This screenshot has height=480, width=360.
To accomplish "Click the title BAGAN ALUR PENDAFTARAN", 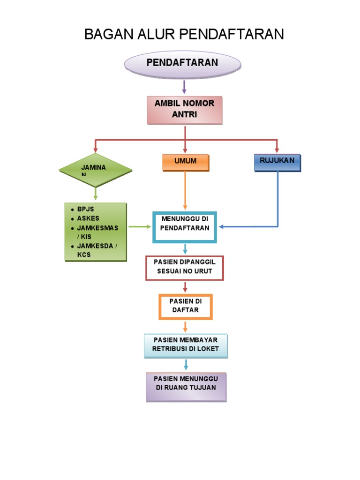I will pos(184,34).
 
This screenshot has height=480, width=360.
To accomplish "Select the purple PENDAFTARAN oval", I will pos(182,63).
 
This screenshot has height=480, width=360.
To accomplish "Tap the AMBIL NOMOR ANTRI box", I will pos(184,110).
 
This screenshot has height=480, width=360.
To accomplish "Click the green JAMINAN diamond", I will pos(96,170).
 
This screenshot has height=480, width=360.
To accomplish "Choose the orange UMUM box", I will pos(185,162).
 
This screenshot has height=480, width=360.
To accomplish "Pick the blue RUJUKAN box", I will pos(277,162).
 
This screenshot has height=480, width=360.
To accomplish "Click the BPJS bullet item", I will pos(86,210).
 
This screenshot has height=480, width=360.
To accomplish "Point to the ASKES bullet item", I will pos(88,218).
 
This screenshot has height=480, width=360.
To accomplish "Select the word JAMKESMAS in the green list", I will pos(97,228).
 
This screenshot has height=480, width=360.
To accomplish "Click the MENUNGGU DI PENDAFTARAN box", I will pos(185,227).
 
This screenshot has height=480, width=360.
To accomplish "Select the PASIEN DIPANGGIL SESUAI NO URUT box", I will pos(185,268).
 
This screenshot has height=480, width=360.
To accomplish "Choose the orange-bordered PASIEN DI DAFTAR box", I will pos(185,306).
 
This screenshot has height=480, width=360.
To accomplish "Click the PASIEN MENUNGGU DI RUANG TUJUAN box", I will pos(186,387).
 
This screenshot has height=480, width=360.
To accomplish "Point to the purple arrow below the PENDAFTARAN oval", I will pos(184,87).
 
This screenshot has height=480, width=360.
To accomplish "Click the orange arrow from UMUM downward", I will pos(185,190).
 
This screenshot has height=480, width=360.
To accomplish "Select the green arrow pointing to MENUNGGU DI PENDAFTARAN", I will pos(140,227).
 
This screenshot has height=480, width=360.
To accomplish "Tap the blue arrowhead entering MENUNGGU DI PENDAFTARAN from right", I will pos(221,227).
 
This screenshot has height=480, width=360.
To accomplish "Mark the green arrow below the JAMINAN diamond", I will pos(96,193).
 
